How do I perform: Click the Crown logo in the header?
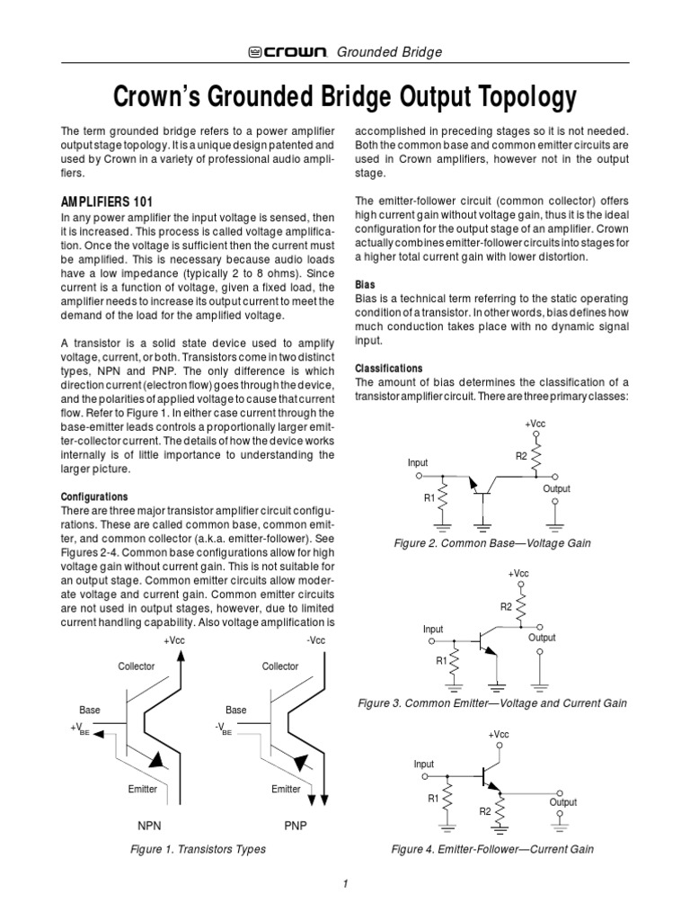287,52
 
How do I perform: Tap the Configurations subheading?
94,496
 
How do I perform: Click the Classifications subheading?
389,369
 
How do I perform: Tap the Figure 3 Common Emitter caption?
492,702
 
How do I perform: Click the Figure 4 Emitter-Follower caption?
492,849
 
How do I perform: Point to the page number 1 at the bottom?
345,884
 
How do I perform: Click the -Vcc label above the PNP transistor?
316,640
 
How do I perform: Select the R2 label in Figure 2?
521,456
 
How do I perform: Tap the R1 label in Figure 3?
441,661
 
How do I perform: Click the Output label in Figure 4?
563,802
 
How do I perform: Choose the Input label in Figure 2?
418,462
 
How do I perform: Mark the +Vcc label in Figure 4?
499,735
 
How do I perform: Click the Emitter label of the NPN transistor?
142,789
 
